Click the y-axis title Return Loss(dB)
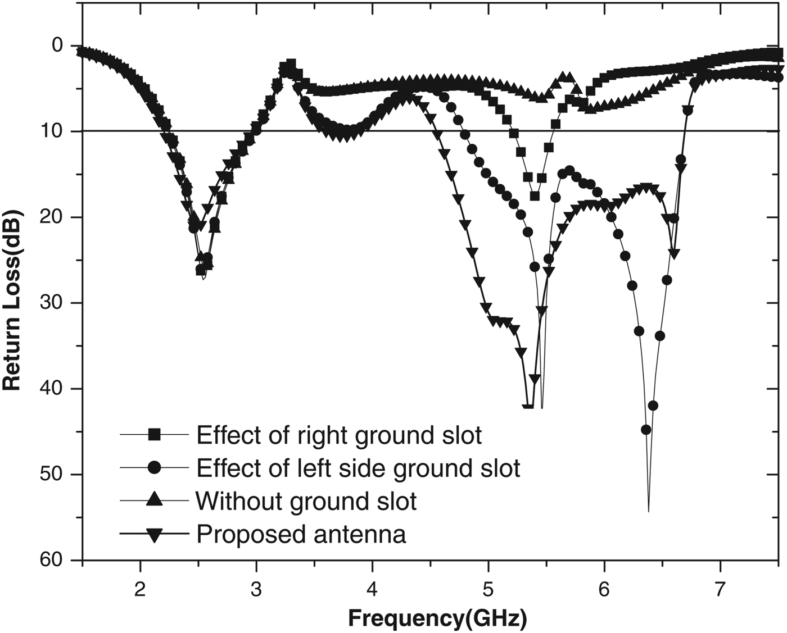[12, 300]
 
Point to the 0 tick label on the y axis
[58, 45]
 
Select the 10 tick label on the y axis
[53, 131]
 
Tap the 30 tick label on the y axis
[53, 303]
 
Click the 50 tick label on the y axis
[53, 475]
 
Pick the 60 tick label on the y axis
[53, 561]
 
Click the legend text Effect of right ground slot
[339, 435]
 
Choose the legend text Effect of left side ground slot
[358, 468]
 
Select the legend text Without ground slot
[306, 501]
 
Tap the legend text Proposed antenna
[301, 534]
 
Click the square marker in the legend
[154, 435]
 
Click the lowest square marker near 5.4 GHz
[535, 195]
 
